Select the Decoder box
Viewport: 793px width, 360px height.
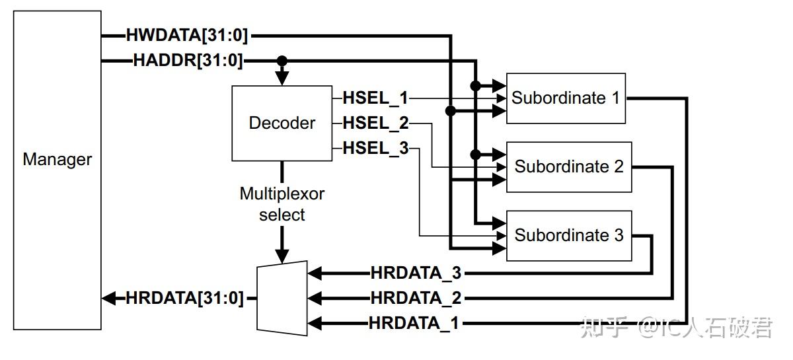point(282,123)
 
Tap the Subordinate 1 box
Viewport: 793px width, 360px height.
point(566,98)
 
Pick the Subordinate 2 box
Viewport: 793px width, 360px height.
point(569,167)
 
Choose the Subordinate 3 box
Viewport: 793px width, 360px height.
point(569,236)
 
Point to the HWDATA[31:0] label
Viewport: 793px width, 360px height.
point(187,36)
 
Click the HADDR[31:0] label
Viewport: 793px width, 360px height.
point(188,61)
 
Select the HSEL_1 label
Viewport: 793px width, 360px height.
point(375,98)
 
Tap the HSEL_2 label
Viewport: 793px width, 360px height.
point(375,123)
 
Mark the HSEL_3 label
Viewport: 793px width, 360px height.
point(375,149)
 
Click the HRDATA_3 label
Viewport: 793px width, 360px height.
point(416,273)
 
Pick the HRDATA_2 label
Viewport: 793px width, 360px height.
point(416,298)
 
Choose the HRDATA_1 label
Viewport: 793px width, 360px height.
point(414,323)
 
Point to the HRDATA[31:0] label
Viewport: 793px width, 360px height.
point(184,298)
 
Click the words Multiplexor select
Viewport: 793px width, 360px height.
point(282,204)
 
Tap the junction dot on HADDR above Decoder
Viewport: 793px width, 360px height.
point(282,61)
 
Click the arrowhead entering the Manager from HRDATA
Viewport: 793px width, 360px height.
point(109,298)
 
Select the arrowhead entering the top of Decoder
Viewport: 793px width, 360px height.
point(282,79)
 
